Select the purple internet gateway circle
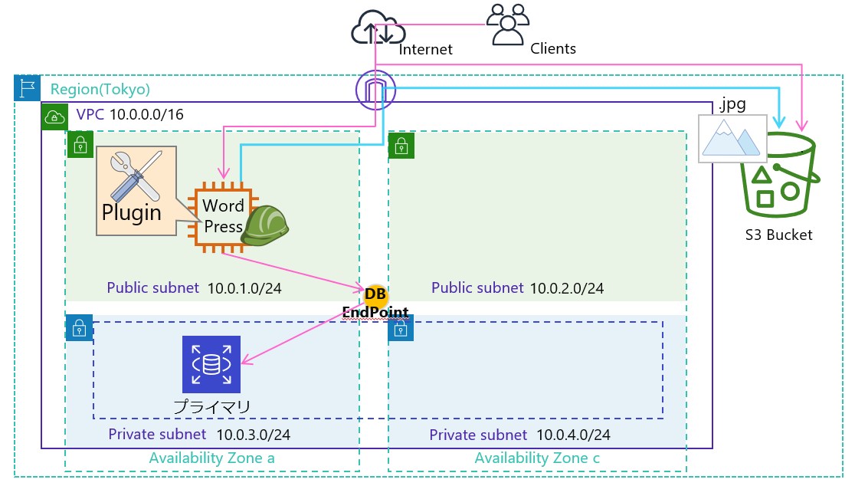pyautogui.click(x=375, y=90)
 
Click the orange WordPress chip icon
pyautogui.click(x=223, y=217)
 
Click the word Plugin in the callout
pyautogui.click(x=132, y=212)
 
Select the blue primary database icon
pyautogui.click(x=211, y=364)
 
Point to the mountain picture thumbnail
pyautogui.click(x=732, y=139)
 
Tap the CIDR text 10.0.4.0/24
pyautogui.click(x=573, y=435)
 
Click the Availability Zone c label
pyautogui.click(x=537, y=458)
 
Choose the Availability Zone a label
pyautogui.click(x=211, y=458)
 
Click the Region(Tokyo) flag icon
pyautogui.click(x=27, y=88)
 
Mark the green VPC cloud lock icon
pyautogui.click(x=54, y=117)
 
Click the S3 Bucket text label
pyautogui.click(x=778, y=235)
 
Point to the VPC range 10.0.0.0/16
pyautogui.click(x=146, y=115)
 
